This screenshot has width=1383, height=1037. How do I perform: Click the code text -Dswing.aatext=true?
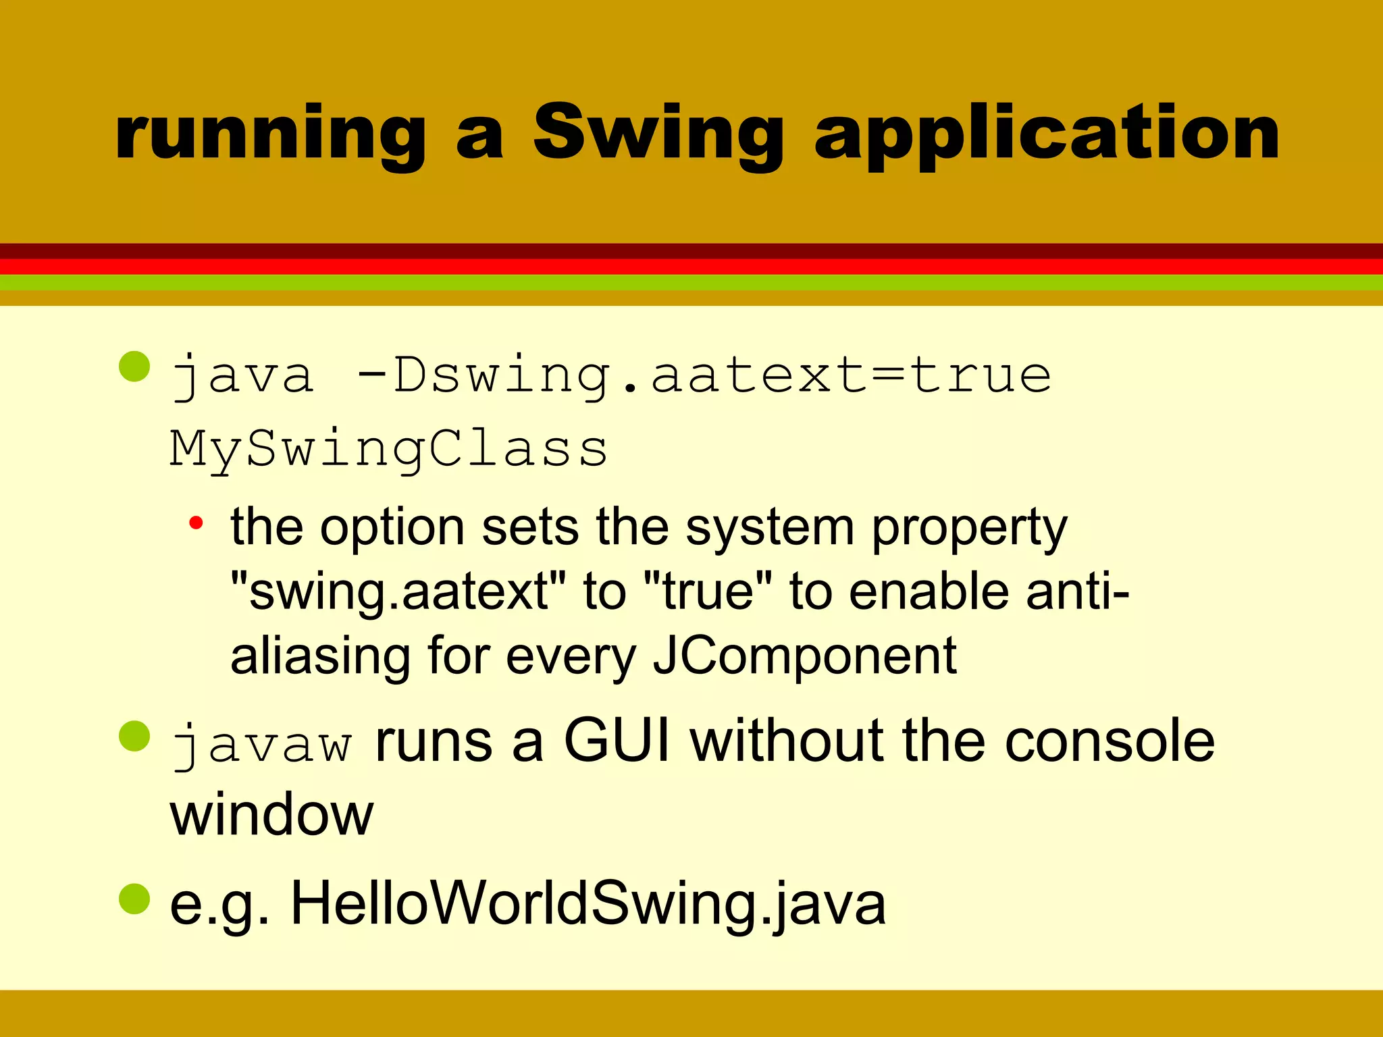(702, 375)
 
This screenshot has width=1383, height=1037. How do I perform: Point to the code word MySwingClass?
(388, 450)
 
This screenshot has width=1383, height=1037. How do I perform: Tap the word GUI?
(617, 741)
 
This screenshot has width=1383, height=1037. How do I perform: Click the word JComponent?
(804, 656)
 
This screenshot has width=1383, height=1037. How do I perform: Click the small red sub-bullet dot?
(196, 523)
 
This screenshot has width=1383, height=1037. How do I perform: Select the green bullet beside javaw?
(134, 736)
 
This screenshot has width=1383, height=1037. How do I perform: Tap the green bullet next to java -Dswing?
(134, 367)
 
